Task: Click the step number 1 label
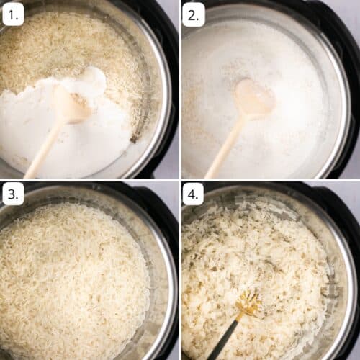pyautogui.click(x=13, y=13)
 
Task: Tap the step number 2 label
pyautogui.click(x=193, y=14)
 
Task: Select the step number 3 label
pyautogui.click(x=13, y=193)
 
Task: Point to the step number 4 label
pyautogui.click(x=193, y=193)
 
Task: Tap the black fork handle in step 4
pyautogui.click(x=223, y=343)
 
